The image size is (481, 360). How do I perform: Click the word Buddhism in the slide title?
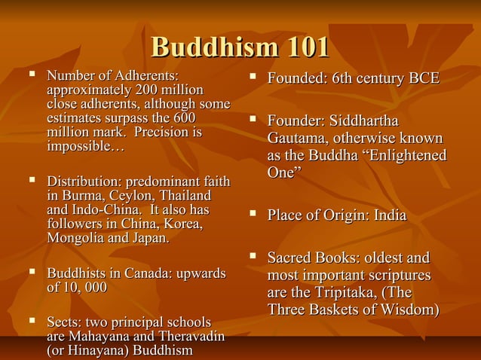[x=205, y=47]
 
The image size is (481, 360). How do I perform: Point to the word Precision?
[x=164, y=133]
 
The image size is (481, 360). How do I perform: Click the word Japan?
[x=149, y=239]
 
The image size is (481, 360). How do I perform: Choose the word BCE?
[x=423, y=79]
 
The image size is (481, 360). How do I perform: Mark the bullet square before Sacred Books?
[x=255, y=258]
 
